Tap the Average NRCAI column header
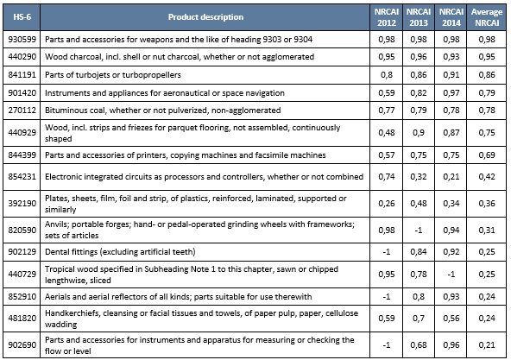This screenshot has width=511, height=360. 488,16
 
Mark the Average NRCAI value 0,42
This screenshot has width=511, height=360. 488,177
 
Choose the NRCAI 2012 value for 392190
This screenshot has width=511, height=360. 386,203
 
